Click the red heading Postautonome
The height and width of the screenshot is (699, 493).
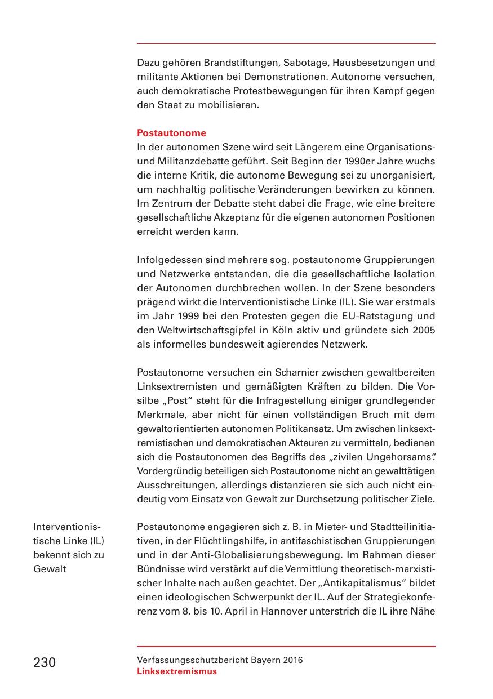pyautogui.click(x=171, y=133)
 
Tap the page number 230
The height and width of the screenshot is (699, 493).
pyautogui.click(x=45, y=662)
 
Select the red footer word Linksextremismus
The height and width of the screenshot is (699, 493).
pyautogui.click(x=176, y=671)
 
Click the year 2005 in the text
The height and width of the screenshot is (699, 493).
pyautogui.click(x=423, y=331)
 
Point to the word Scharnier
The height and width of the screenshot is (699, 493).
pyautogui.click(x=302, y=373)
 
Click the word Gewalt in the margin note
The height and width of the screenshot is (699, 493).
pyautogui.click(x=50, y=569)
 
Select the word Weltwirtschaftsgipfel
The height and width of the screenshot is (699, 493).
pyautogui.click(x=203, y=331)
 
